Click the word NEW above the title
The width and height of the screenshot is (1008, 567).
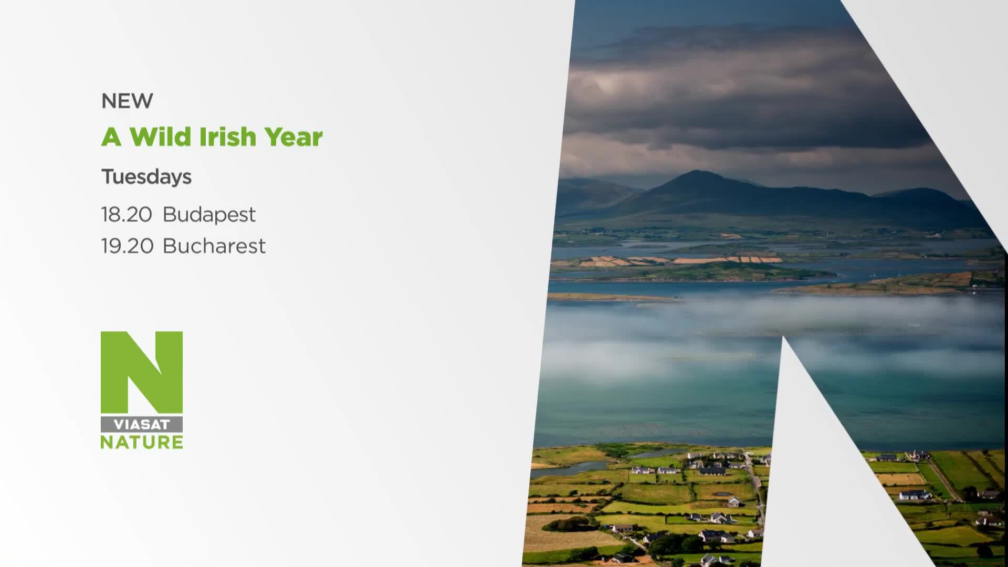127,100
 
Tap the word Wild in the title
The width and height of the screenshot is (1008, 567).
160,136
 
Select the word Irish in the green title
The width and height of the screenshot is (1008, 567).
227,136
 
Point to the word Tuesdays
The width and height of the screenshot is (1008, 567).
146,177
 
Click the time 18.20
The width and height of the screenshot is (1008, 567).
127,215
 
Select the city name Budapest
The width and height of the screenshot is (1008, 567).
209,215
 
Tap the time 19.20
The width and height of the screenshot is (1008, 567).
127,246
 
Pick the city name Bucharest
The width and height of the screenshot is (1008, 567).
214,246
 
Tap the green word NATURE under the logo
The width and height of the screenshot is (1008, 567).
142,442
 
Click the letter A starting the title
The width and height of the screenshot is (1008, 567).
111,136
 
